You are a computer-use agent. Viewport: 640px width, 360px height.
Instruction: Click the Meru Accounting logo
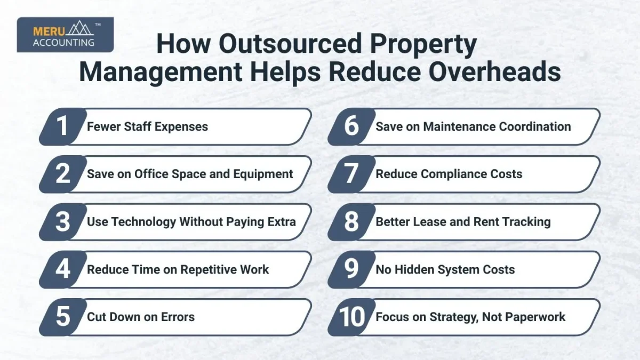click(65, 35)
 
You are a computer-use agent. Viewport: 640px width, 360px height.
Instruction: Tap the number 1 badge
click(63, 127)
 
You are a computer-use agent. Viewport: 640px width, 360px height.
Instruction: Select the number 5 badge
click(63, 317)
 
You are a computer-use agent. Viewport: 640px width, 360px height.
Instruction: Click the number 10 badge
click(351, 317)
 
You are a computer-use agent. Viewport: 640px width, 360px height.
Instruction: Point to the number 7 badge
click(351, 174)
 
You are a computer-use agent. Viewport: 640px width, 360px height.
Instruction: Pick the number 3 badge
click(63, 222)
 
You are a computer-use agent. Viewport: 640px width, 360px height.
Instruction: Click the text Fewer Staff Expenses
click(147, 127)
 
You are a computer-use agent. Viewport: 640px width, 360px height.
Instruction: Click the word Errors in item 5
click(177, 317)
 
